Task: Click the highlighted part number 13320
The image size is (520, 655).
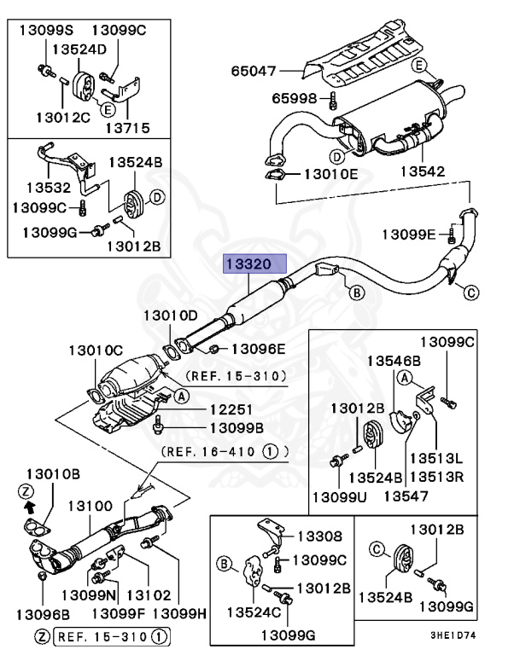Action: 253,265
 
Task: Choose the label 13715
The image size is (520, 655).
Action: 127,128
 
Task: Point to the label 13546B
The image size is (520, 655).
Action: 394,361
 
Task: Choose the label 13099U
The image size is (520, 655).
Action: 339,496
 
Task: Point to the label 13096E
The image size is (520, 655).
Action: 258,348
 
